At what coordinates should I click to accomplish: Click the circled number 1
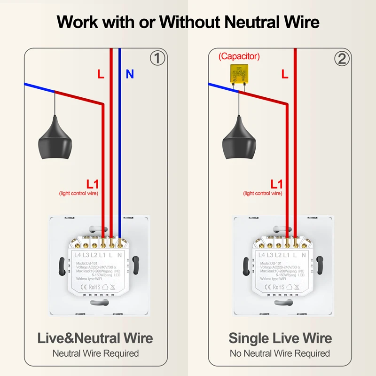pyautogui.click(x=158, y=58)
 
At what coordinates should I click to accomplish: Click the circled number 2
pyautogui.click(x=342, y=58)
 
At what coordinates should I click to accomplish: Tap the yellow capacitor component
pyautogui.click(x=239, y=74)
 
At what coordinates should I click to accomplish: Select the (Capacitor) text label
pyautogui.click(x=239, y=56)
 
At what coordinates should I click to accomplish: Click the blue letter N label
pyautogui.click(x=130, y=74)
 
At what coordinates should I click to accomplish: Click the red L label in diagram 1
pyautogui.click(x=101, y=74)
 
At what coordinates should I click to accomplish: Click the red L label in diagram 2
pyautogui.click(x=285, y=74)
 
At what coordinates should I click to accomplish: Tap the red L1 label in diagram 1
pyautogui.click(x=92, y=184)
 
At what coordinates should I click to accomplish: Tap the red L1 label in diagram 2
pyautogui.click(x=276, y=184)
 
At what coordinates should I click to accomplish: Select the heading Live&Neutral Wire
pyautogui.click(x=96, y=338)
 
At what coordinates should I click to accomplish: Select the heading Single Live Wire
pyautogui.click(x=280, y=338)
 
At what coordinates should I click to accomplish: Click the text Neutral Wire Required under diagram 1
pyautogui.click(x=95, y=353)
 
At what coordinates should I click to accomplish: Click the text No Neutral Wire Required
pyautogui.click(x=280, y=353)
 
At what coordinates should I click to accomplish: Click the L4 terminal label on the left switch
pyautogui.click(x=78, y=255)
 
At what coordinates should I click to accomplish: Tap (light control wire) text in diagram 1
pyautogui.click(x=78, y=193)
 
